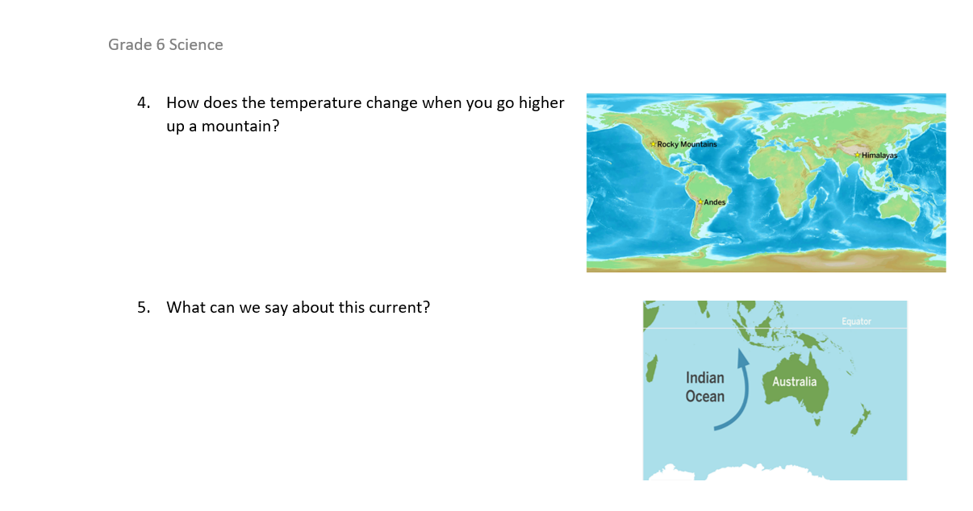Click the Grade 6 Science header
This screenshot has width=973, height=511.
tap(165, 45)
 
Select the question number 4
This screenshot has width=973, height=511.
tap(144, 103)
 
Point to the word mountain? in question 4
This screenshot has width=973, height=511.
tap(240, 127)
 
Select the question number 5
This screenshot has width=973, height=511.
tap(144, 308)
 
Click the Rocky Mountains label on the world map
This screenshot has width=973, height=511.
tap(687, 144)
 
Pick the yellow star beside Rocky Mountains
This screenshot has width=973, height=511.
tap(653, 144)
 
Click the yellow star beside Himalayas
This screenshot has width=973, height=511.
tap(857, 154)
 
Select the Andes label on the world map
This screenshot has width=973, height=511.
tap(715, 202)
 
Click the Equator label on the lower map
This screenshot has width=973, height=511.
tap(856, 322)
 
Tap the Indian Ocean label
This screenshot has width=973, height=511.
tap(705, 387)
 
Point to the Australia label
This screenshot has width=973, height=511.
tap(795, 382)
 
